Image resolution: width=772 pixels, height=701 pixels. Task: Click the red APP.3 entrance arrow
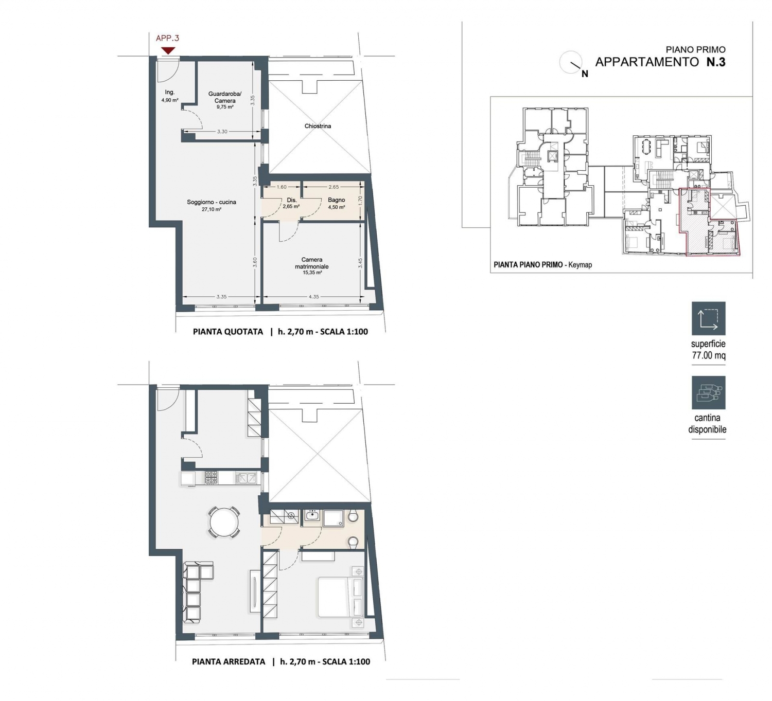[168, 50]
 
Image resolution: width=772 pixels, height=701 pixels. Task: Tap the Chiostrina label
[318, 126]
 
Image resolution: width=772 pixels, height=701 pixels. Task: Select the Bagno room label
[337, 200]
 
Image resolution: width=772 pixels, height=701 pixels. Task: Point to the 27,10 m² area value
[212, 210]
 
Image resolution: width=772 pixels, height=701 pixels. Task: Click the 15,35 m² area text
[312, 273]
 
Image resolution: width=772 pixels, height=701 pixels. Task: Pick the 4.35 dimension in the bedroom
[313, 297]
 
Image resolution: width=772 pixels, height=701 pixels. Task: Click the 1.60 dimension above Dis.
[282, 187]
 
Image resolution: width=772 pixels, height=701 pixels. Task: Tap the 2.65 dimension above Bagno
[334, 187]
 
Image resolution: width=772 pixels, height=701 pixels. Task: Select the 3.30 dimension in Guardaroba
[222, 132]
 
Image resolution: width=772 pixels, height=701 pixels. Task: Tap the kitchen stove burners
[212, 478]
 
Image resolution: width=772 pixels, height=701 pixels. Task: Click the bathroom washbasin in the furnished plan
[312, 515]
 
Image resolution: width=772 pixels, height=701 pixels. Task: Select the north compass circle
[570, 62]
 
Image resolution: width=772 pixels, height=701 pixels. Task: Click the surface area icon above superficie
[709, 318]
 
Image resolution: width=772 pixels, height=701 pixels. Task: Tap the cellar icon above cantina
[709, 392]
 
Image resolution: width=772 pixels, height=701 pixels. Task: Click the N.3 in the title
[716, 62]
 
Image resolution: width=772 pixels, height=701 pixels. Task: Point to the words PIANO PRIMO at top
[696, 50]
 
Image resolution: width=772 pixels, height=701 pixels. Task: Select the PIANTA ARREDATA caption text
[229, 662]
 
